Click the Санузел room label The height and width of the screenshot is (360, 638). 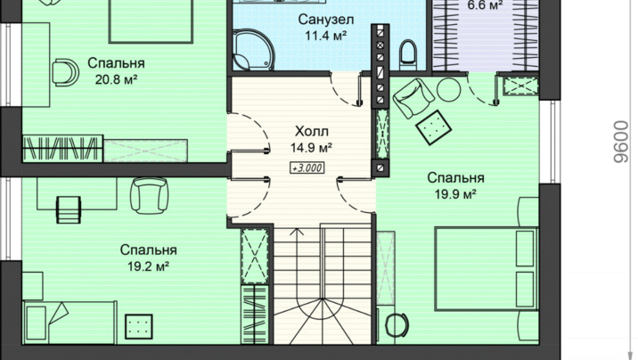point(325,19)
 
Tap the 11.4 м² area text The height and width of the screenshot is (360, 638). point(325,36)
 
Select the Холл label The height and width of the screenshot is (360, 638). point(311,131)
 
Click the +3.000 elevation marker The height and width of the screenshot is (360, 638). point(307,168)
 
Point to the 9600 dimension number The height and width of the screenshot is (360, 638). point(621,141)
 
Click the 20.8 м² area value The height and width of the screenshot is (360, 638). point(116,79)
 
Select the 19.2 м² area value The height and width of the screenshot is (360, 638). point(149,266)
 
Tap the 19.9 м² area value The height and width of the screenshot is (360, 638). point(455,194)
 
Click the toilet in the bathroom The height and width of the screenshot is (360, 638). point(408,54)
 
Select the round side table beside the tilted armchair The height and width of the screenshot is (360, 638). point(449,89)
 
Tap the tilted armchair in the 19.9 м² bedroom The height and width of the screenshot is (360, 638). point(413,98)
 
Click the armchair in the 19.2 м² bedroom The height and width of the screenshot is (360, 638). point(150,195)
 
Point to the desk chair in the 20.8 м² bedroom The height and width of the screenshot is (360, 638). point(65,72)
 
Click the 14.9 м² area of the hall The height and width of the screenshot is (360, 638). point(311,148)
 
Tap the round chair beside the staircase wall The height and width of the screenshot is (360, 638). point(397,325)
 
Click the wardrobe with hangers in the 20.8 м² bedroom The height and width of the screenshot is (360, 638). point(61,149)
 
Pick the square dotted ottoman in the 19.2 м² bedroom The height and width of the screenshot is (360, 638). point(139,327)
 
